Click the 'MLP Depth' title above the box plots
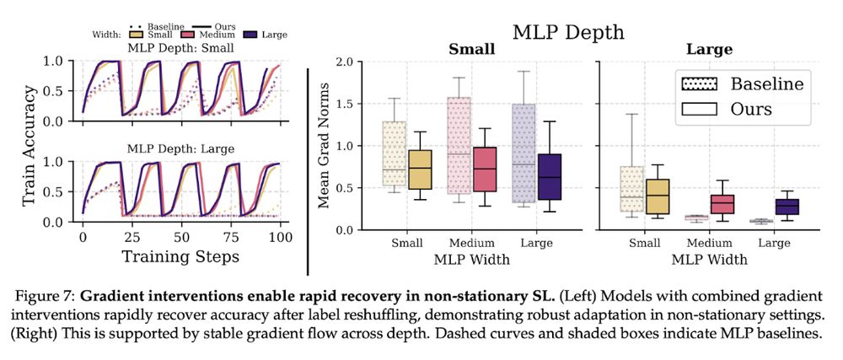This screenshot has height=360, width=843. [568, 33]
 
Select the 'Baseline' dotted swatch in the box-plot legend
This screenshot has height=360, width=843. [700, 84]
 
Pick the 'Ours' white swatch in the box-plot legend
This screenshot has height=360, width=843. [700, 109]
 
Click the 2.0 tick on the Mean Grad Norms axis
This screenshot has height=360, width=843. [342, 62]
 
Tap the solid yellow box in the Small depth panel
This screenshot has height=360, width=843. [419, 175]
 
